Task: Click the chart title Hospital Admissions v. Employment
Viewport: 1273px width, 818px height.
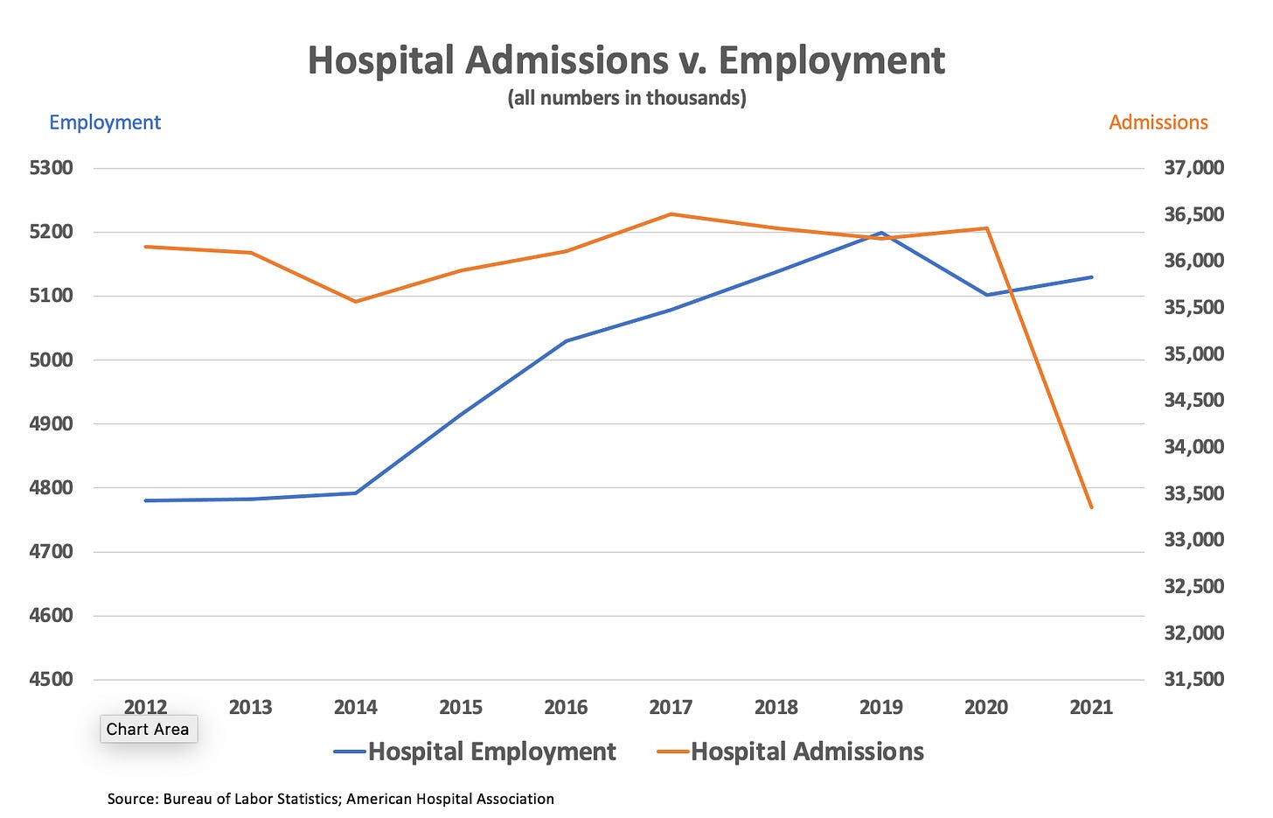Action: coord(626,61)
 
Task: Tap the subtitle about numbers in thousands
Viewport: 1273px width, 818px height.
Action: coord(627,98)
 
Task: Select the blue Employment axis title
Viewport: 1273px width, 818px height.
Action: coord(105,122)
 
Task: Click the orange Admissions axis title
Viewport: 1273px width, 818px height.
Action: coord(1158,122)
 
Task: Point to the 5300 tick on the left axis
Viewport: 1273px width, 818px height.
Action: coord(51,168)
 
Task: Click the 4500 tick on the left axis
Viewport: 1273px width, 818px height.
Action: coord(51,680)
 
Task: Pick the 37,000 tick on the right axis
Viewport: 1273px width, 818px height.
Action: coord(1193,168)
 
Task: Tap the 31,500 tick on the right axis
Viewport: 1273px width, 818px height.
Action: coord(1193,680)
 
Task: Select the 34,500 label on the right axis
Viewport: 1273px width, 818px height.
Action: coord(1193,401)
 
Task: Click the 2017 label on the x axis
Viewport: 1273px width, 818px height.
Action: coord(671,707)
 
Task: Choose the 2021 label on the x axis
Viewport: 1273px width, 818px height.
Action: coord(1091,707)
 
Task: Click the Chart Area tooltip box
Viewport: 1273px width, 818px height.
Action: coord(148,729)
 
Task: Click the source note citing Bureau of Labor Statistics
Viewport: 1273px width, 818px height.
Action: coord(330,799)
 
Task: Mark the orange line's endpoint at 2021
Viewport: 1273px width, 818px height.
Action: coord(1091,507)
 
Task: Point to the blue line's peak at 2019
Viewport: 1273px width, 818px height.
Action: coord(880,233)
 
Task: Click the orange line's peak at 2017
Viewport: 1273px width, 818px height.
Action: coord(671,213)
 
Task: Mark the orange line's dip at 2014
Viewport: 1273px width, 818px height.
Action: coord(356,302)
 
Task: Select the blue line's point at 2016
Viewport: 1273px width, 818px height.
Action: coord(566,341)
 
